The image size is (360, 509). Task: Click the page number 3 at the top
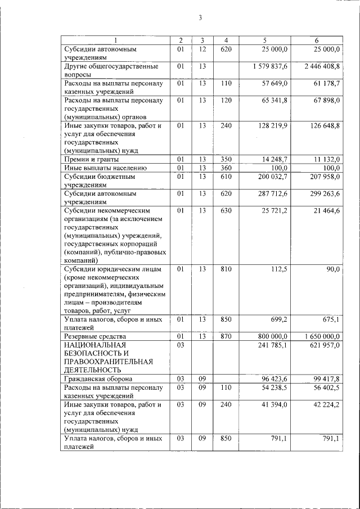click(200, 18)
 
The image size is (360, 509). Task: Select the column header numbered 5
click(264, 40)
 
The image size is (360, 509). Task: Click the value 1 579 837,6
click(267, 66)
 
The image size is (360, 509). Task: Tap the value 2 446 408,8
click(318, 66)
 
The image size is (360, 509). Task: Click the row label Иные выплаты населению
click(105, 168)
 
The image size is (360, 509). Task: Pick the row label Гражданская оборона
click(97, 379)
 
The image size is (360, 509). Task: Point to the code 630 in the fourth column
click(226, 210)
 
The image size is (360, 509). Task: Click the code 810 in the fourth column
click(226, 269)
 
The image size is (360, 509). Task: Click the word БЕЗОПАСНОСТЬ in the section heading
click(96, 353)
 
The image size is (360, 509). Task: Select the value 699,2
click(279, 319)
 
